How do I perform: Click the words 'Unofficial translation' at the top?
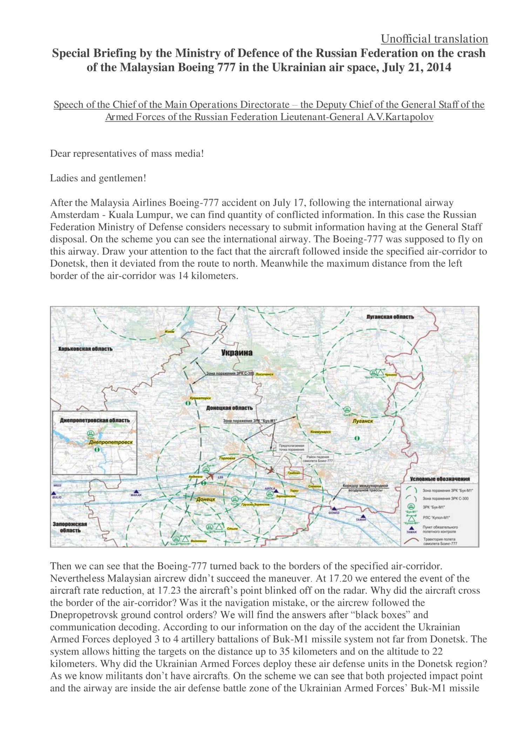click(434, 39)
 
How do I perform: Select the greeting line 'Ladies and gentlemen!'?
click(98, 178)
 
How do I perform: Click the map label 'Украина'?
click(237, 353)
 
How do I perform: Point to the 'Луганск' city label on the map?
click(362, 421)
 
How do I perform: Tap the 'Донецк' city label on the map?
click(205, 500)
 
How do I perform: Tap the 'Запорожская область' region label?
click(70, 527)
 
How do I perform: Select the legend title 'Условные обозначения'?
click(439, 479)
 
